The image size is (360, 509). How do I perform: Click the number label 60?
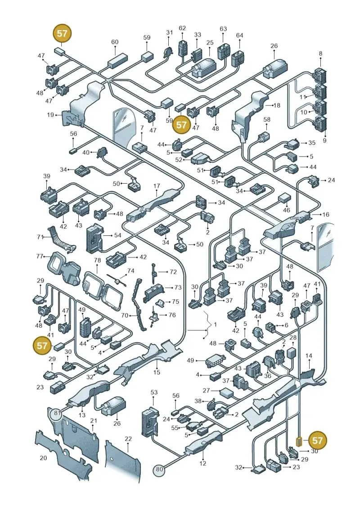point(115,42)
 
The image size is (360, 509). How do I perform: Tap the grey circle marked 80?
point(159,468)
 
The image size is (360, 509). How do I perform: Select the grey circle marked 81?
point(58,413)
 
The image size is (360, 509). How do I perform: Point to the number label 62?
point(182,28)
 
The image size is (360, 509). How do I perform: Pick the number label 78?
point(97,260)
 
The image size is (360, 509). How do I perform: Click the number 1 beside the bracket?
point(215,324)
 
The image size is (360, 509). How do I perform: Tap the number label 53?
point(154,392)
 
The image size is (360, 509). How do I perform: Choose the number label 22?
point(128,439)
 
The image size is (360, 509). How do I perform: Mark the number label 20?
point(43,458)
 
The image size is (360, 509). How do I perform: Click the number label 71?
point(40,237)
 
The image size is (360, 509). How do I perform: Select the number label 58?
point(267,119)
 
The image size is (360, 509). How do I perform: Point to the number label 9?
point(324,140)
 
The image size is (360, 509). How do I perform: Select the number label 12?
point(203,463)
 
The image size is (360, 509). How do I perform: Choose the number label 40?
point(85,153)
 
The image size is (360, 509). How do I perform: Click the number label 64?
point(239,35)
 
